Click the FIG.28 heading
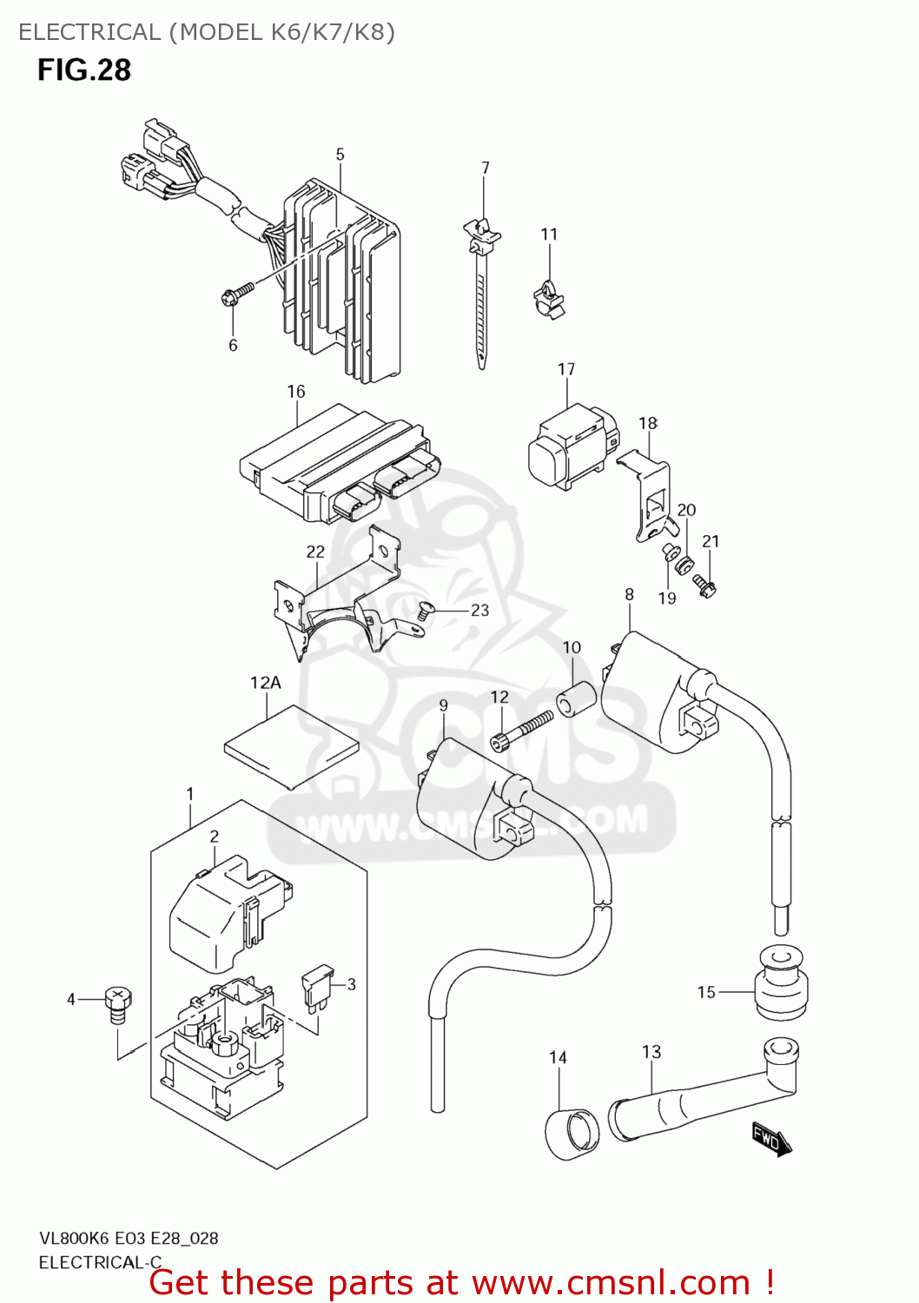pyautogui.click(x=84, y=70)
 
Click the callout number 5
pyautogui.click(x=340, y=155)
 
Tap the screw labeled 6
pyautogui.click(x=237, y=293)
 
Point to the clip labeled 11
pyautogui.click(x=548, y=297)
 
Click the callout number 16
pyautogui.click(x=296, y=392)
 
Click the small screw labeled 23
pyautogui.click(x=424, y=612)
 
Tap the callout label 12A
pyautogui.click(x=266, y=683)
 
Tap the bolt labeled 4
pyautogui.click(x=117, y=1004)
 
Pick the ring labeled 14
pyautogui.click(x=572, y=1132)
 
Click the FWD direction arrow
pyautogui.click(x=771, y=1138)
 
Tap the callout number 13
pyautogui.click(x=651, y=1052)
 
